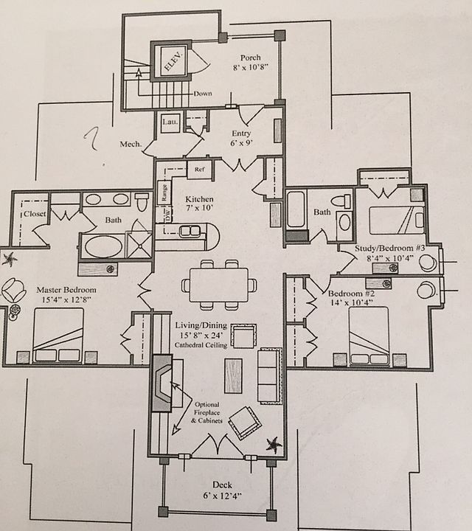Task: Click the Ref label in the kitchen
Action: click(198, 169)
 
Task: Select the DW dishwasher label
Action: click(167, 215)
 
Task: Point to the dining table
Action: click(219, 284)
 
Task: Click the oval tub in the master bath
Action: click(104, 246)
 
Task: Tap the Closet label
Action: click(35, 214)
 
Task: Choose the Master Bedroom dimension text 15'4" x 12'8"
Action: click(66, 300)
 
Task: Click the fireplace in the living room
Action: click(160, 386)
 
